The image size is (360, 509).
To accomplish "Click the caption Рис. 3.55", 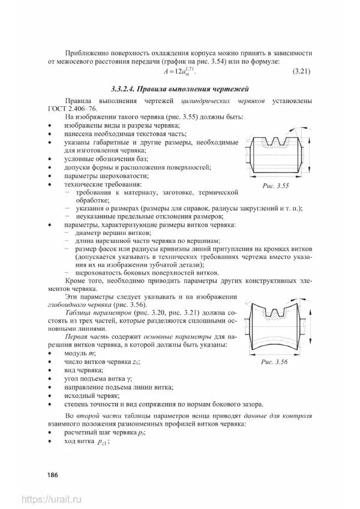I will tap(275, 186).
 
